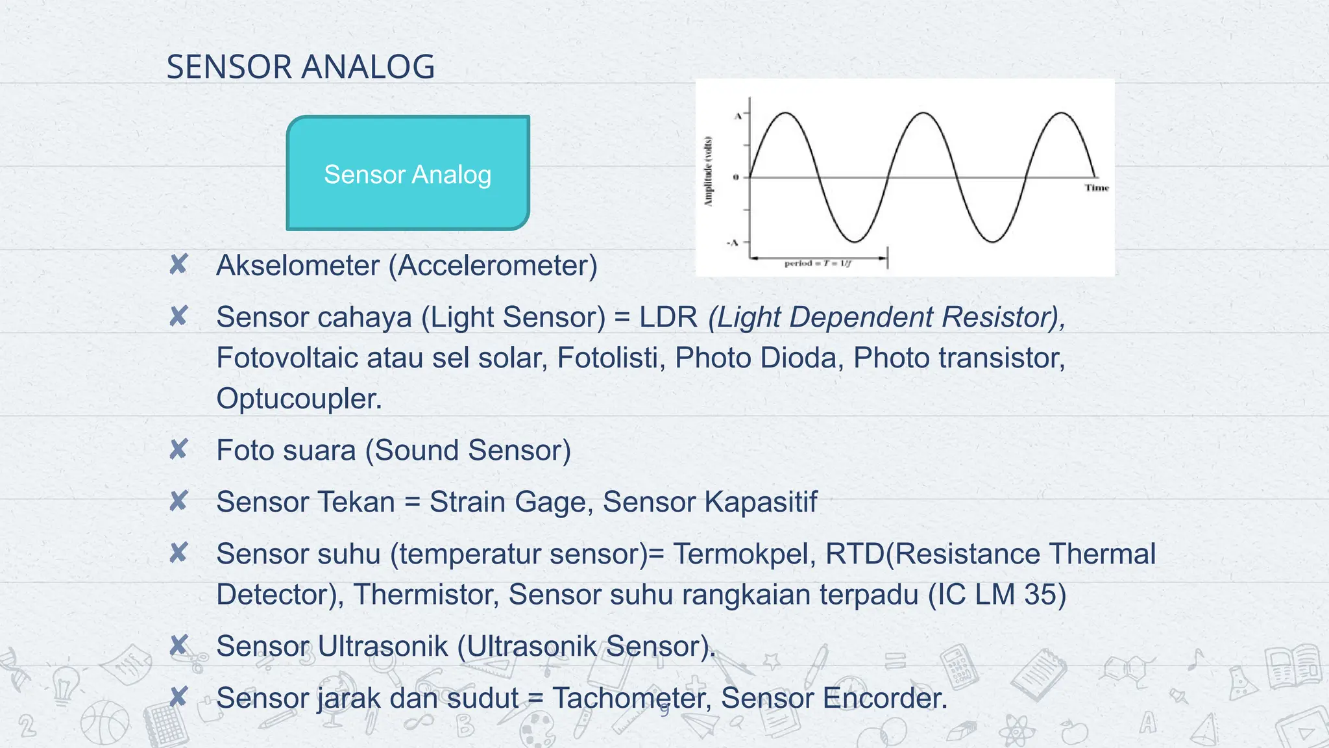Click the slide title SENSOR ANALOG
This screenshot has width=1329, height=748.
[x=300, y=67]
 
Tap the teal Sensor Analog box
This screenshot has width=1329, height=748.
[x=408, y=173]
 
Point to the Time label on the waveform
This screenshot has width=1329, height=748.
[x=1096, y=188]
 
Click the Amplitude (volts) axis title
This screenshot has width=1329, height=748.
[x=709, y=171]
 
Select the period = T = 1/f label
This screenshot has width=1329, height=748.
[x=818, y=264]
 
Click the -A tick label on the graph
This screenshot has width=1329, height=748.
[x=733, y=243]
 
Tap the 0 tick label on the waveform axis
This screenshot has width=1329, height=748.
[x=735, y=177]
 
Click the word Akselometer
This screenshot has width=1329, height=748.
[x=298, y=266]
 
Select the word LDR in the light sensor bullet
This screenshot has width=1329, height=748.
[x=668, y=318]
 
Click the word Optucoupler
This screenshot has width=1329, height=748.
[x=299, y=399]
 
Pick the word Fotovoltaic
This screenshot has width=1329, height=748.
[x=287, y=358]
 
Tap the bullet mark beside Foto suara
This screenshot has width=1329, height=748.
[x=178, y=449]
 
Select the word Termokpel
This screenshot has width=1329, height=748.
[x=744, y=554]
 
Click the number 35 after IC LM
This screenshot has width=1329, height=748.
[x=1045, y=595]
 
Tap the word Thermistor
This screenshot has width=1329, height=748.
[x=426, y=595]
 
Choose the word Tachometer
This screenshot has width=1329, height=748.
[x=631, y=699]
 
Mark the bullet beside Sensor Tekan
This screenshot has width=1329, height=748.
[x=178, y=501]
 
